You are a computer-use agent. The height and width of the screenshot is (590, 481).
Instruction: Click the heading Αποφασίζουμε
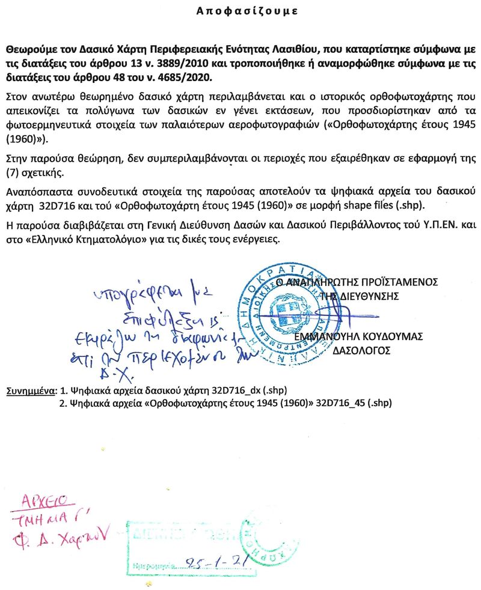pos(247,11)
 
